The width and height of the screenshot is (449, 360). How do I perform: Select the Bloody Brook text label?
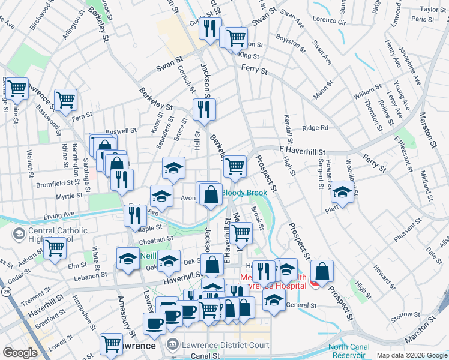(x=244, y=193)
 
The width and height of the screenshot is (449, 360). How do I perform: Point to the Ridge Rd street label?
(x=315, y=128)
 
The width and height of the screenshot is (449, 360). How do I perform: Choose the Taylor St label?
(x=434, y=9)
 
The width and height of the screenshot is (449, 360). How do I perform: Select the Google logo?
(x=20, y=352)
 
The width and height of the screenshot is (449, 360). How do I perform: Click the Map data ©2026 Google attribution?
(x=412, y=355)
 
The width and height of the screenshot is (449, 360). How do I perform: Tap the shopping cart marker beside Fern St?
(x=65, y=99)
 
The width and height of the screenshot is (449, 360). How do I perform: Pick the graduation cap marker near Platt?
(x=342, y=192)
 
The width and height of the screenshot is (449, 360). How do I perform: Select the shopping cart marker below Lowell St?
(x=111, y=343)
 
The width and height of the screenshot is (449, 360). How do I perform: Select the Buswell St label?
(x=118, y=131)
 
